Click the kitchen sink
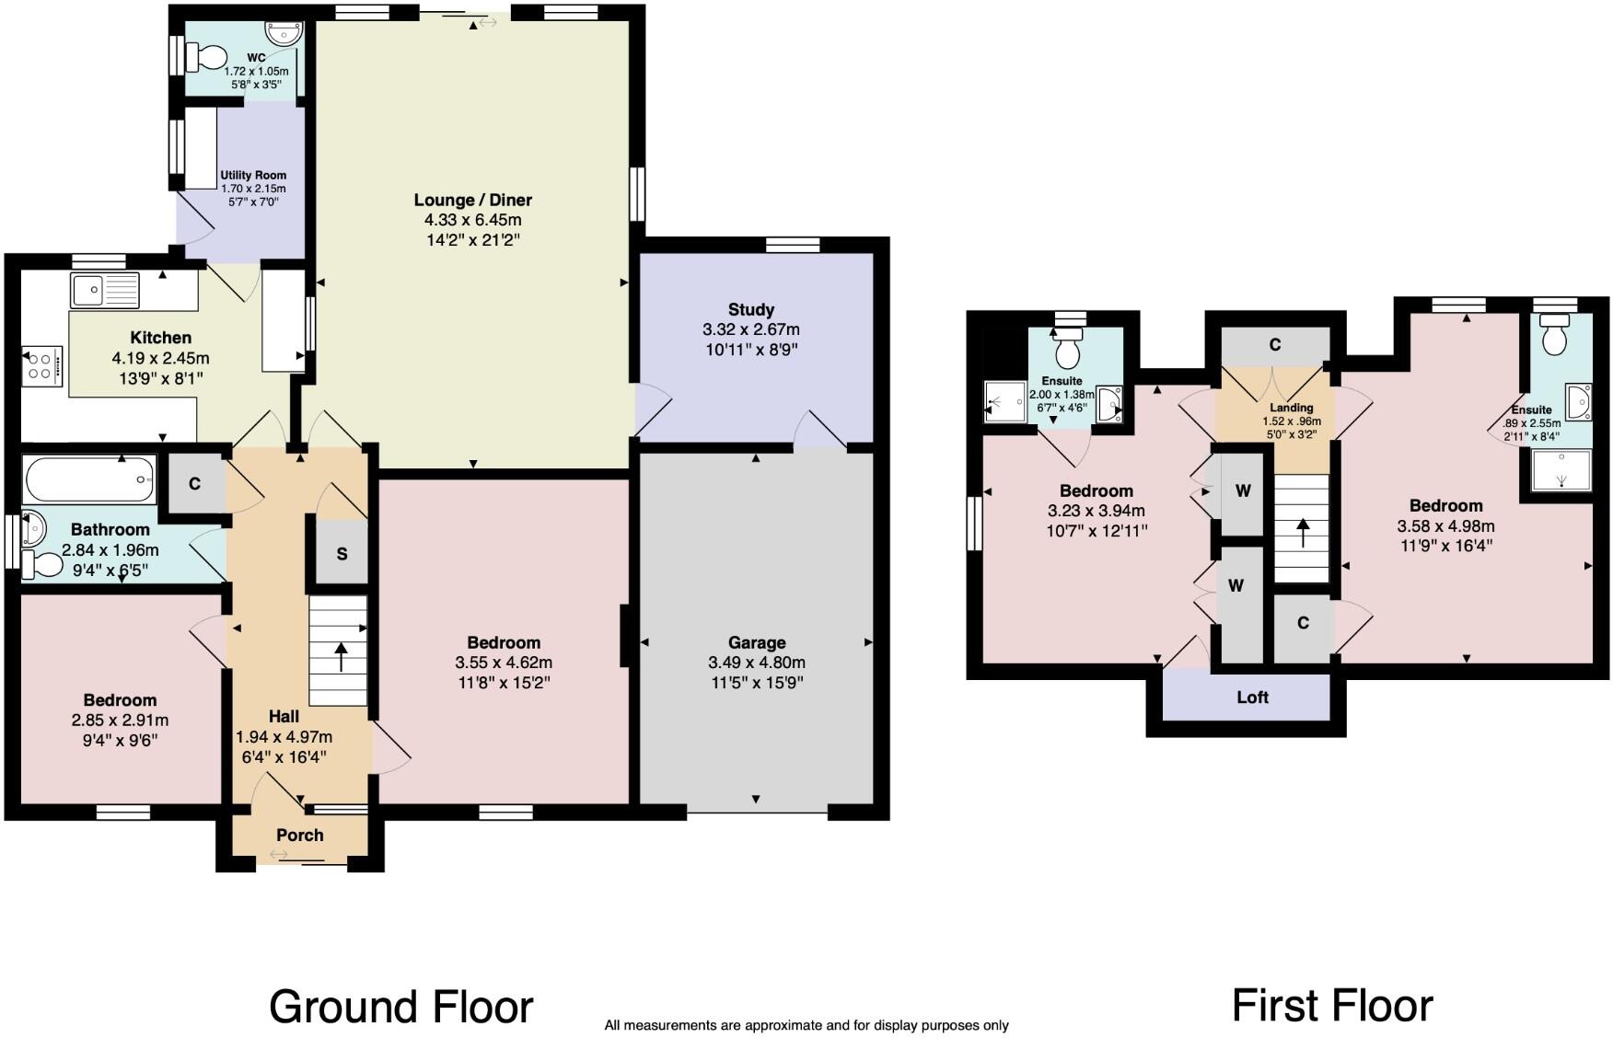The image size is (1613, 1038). (104, 290)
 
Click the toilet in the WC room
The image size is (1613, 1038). (206, 58)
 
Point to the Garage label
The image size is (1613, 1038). (757, 642)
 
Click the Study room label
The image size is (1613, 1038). (750, 309)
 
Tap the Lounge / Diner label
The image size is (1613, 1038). (472, 200)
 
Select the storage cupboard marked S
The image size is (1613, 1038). (342, 553)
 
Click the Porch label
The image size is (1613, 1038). (300, 835)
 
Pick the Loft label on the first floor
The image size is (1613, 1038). (1252, 697)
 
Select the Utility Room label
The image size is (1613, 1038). (253, 175)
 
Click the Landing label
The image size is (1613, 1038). (1291, 408)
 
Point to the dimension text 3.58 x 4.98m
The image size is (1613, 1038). (1445, 525)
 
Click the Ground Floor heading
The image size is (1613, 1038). (400, 1007)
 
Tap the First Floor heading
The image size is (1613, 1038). (1331, 1005)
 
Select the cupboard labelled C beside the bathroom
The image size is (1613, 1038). (194, 484)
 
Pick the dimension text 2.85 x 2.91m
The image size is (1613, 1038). (120, 720)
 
